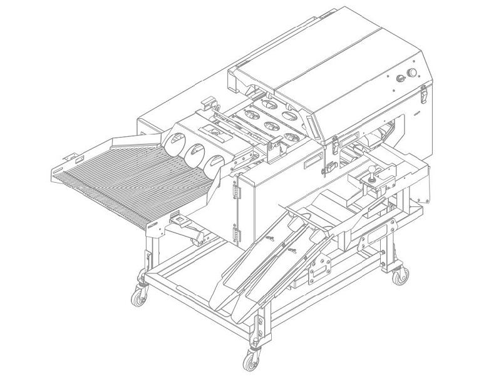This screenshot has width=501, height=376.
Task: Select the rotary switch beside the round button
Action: click(398, 79)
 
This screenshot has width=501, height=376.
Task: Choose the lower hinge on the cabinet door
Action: click(236, 235)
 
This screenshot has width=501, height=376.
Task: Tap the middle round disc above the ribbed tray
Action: click(195, 153)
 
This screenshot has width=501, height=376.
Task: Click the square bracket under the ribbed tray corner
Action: click(180, 220)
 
